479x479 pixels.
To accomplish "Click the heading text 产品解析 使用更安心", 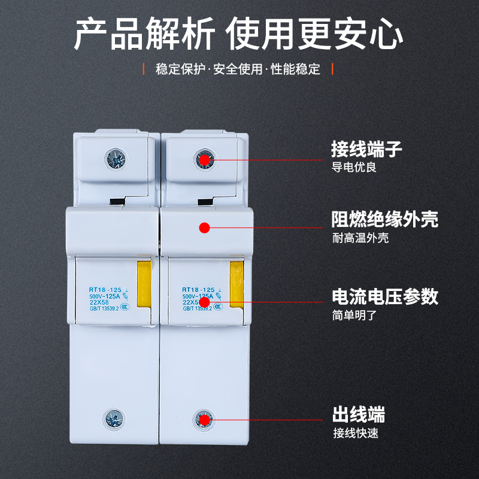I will click(x=239, y=35).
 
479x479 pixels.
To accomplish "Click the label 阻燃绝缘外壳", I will click(x=385, y=219).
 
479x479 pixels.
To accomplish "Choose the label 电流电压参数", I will click(x=385, y=296).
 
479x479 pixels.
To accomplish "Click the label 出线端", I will click(x=358, y=414).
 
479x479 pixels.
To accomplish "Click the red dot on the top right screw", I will click(x=204, y=159).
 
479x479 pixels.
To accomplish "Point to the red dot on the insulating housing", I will click(x=204, y=228).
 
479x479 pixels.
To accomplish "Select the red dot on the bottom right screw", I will click(x=204, y=420).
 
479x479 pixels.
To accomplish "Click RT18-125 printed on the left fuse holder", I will click(x=98, y=289).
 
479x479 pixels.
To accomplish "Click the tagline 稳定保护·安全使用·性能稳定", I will click(x=238, y=69).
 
